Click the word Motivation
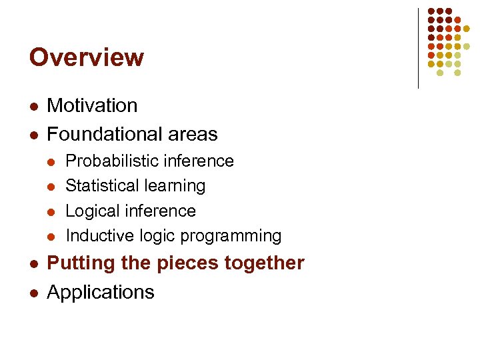click(92, 105)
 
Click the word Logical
click(90, 211)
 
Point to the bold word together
click(264, 263)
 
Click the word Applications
click(101, 293)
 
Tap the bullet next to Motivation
click(33, 107)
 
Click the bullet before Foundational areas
click(33, 135)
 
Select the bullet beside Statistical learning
click(53, 187)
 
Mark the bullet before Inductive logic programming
click(53, 237)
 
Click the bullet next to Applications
click(33, 293)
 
